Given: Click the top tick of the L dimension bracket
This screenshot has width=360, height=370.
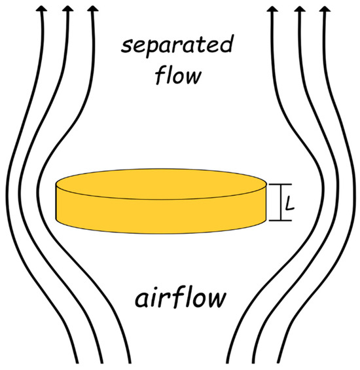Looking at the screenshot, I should coord(282,185).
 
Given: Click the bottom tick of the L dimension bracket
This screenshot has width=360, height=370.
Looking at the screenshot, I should coord(282,221).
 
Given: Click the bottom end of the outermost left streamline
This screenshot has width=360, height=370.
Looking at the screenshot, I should coord(53,362).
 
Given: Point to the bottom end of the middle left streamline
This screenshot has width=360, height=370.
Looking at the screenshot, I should coord(78,362).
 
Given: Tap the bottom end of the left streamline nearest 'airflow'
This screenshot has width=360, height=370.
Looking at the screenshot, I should coord(103,362).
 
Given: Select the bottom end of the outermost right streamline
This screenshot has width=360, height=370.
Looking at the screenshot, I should coord(310,362).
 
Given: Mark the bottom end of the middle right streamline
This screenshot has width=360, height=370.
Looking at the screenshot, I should coord(285,362).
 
